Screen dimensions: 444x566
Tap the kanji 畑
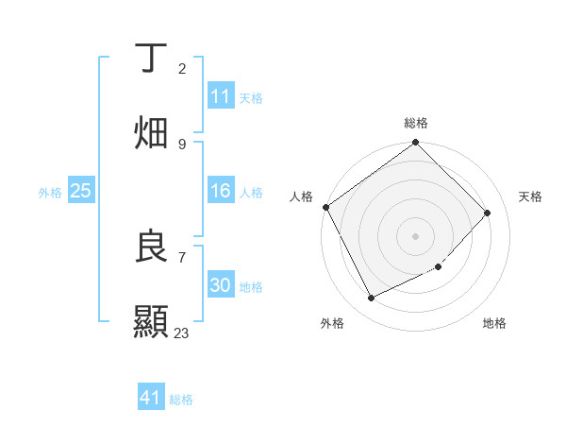[152, 132]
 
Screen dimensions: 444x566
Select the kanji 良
[152, 247]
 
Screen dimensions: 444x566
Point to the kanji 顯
[152, 321]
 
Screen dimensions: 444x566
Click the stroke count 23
[181, 333]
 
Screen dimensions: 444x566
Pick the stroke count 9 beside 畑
[181, 144]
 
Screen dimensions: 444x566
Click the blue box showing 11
[221, 96]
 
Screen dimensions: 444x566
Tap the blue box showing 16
[221, 191]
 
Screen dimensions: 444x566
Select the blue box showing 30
[221, 285]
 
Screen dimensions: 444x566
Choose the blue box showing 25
[81, 191]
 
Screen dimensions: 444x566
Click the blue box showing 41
[151, 399]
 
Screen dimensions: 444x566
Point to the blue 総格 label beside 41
[181, 400]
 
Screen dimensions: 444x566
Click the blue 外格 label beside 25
[50, 192]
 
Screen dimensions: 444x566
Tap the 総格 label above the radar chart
[416, 123]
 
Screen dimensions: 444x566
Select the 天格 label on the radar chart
[531, 196]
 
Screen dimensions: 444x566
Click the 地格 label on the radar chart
[494, 323]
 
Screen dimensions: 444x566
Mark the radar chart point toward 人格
[325, 207]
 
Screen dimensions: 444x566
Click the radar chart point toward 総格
[416, 143]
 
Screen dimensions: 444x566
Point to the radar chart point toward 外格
[371, 299]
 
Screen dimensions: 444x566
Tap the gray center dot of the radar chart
[416, 235]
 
